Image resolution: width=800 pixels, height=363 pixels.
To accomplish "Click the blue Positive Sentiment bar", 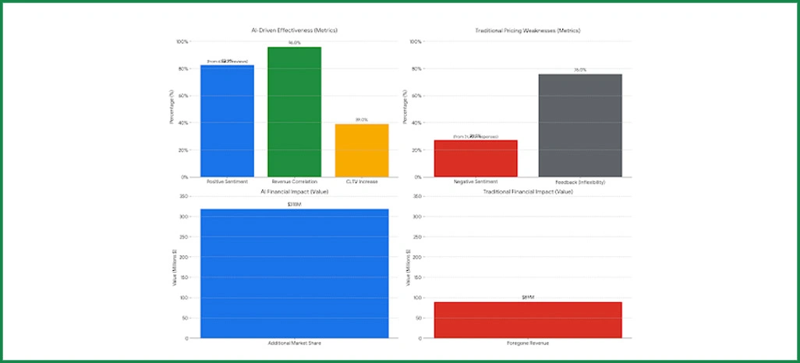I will tap(228, 121).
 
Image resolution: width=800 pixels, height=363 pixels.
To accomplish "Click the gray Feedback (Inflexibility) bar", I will tap(580, 125).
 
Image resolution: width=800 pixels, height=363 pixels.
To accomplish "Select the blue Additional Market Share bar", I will tap(294, 273).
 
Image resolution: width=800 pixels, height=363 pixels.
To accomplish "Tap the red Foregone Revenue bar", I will tap(528, 320).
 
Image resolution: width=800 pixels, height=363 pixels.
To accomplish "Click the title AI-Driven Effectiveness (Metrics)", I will tap(294, 30).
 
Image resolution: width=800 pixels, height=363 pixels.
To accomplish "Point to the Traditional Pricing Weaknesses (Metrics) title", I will tap(528, 30).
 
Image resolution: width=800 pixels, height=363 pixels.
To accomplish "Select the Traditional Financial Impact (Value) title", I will tap(528, 191).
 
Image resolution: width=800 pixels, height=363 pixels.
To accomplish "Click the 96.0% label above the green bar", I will tap(295, 42).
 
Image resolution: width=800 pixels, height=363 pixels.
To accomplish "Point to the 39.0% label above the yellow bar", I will tap(362, 119).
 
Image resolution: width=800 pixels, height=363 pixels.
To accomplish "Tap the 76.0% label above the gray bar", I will tap(580, 69).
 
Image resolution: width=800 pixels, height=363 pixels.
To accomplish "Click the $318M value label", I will tap(294, 204).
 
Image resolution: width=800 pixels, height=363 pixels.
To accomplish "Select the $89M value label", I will tap(528, 298).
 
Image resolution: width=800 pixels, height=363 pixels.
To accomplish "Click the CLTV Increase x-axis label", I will tap(362, 181).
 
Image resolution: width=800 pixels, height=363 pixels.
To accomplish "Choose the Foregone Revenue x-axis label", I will tap(528, 344).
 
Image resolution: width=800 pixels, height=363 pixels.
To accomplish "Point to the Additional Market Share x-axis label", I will tap(294, 344).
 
